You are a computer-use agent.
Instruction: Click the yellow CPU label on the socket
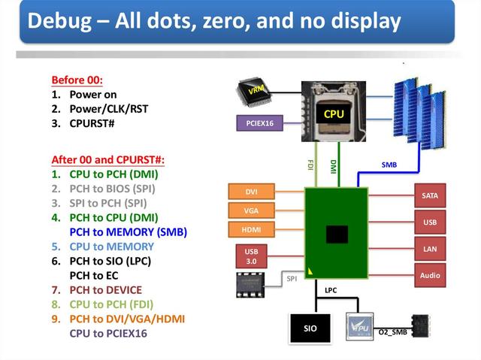[x=334, y=114]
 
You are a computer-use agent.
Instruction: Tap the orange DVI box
[x=252, y=192]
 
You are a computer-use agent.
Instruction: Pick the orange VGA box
[x=252, y=210]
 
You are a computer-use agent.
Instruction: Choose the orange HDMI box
[x=252, y=229]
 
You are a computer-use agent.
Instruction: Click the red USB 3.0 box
[x=251, y=256]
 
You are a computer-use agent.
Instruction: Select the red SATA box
[x=430, y=195]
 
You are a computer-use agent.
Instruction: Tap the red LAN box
[x=430, y=249]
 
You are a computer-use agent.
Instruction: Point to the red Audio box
[x=430, y=275]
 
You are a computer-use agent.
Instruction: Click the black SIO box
[x=310, y=328]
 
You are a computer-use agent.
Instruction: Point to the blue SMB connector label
[x=389, y=164]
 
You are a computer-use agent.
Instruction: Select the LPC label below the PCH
[x=331, y=290]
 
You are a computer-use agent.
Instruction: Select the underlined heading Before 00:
[x=77, y=80]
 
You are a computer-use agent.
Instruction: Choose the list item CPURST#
[x=92, y=123]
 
